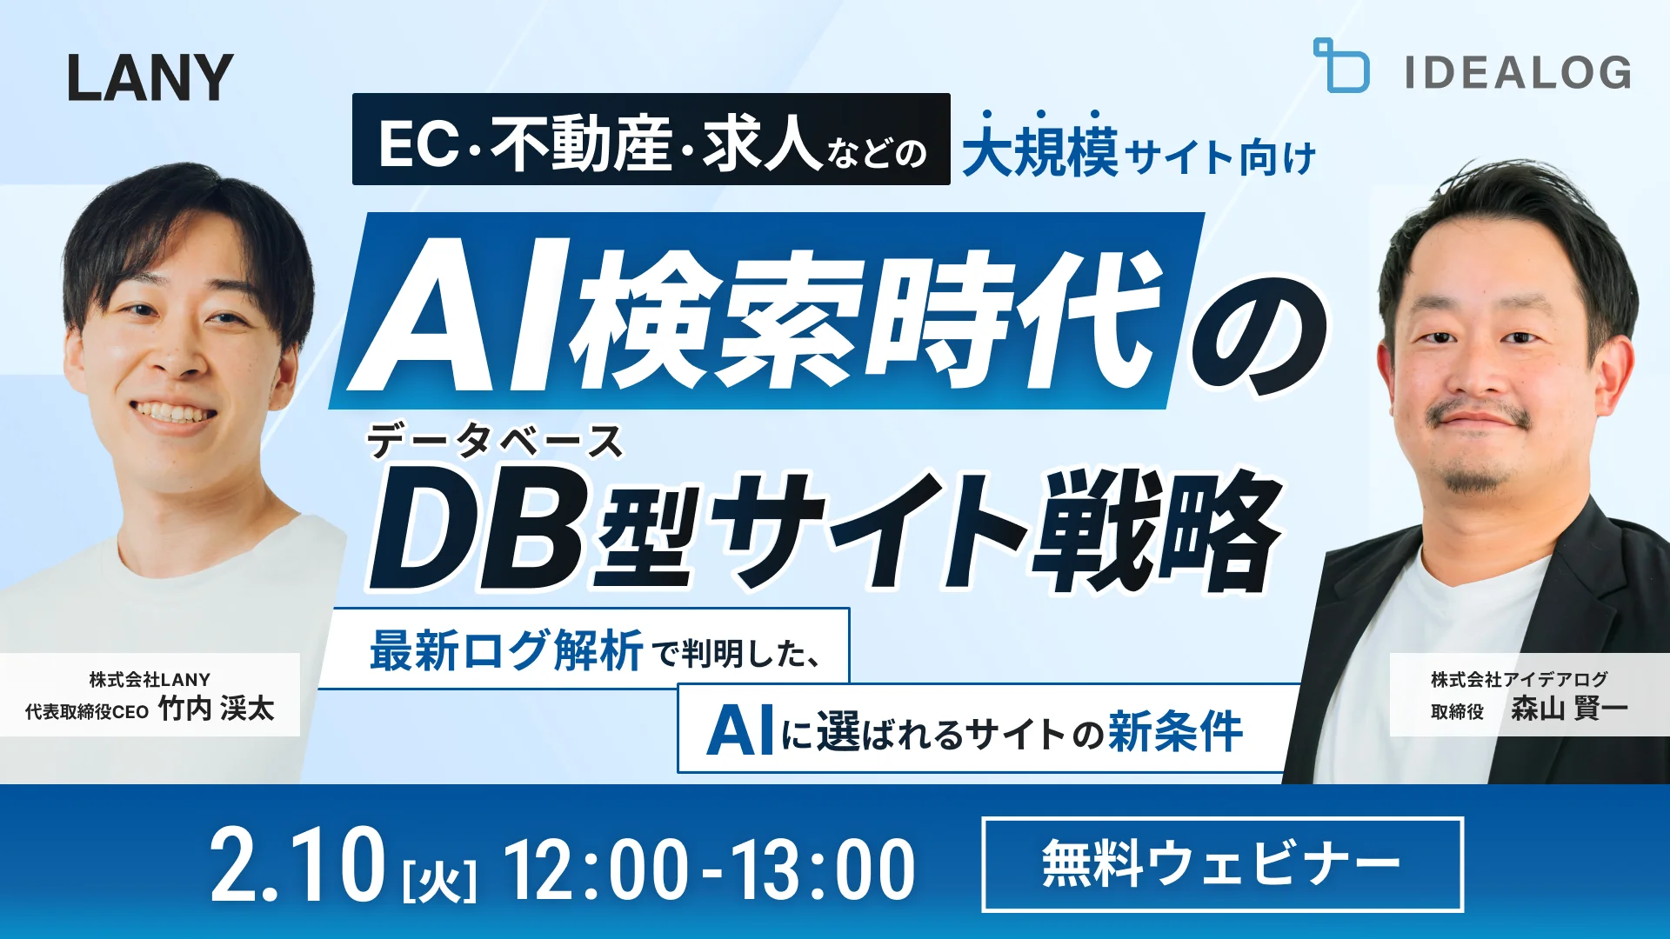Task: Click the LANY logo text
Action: [x=150, y=77]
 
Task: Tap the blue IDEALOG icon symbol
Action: [x=1340, y=66]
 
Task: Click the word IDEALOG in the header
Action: [x=1518, y=72]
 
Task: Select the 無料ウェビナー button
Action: [x=1222, y=864]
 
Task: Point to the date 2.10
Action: [x=297, y=866]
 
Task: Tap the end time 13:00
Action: [x=822, y=869]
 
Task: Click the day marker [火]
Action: [x=440, y=880]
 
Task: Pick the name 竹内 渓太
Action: [x=217, y=709]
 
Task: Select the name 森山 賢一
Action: [x=1568, y=709]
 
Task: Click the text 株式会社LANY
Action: [x=150, y=679]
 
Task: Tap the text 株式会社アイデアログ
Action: [x=1519, y=679]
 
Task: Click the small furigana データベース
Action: [x=494, y=442]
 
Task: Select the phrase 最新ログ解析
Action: [x=506, y=650]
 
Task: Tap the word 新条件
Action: [x=1174, y=731]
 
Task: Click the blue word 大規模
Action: [x=1040, y=152]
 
